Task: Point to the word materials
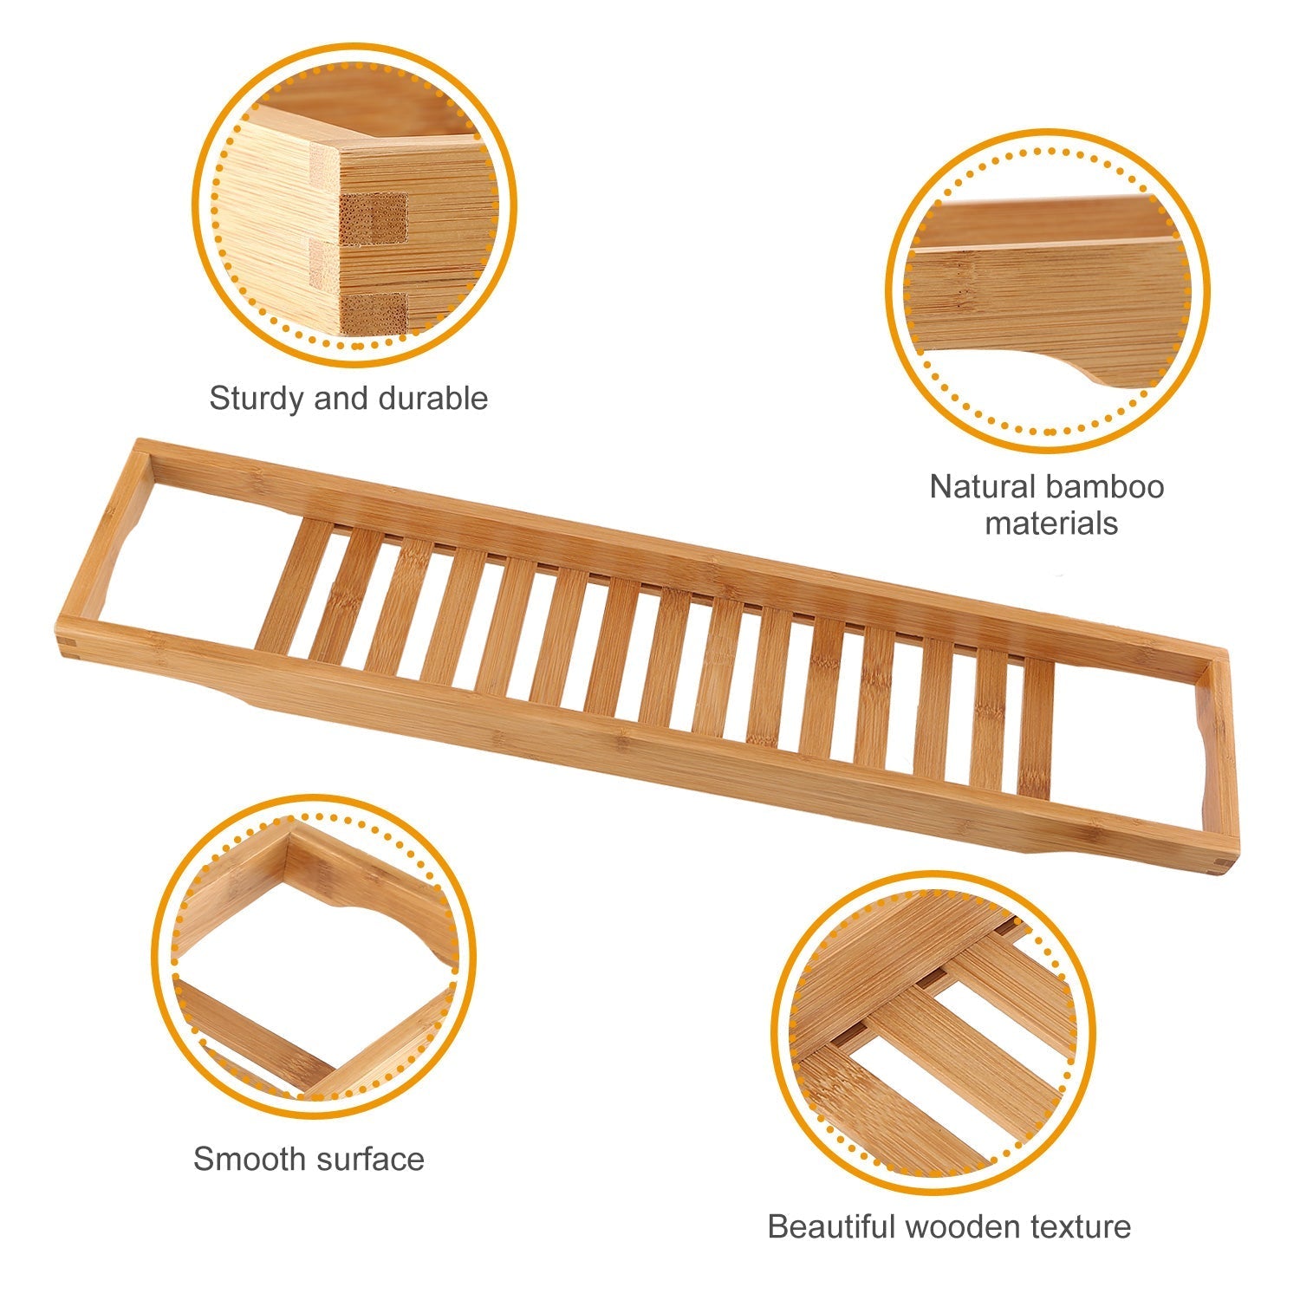(x=1051, y=523)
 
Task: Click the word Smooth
(x=249, y=1159)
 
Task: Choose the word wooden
(x=963, y=1227)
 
